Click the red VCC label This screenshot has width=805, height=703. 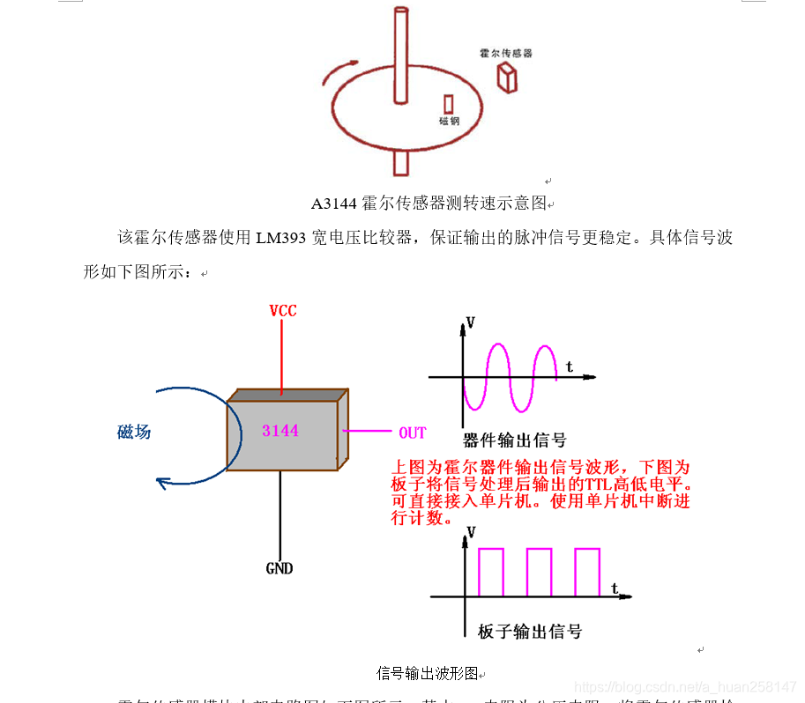tap(283, 311)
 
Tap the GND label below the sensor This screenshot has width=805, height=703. tap(280, 568)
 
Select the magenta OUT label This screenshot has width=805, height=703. tap(413, 433)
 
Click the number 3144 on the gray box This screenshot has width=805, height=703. tap(280, 431)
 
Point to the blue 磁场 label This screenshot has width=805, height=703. tap(134, 432)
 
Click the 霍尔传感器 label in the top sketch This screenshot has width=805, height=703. tap(505, 53)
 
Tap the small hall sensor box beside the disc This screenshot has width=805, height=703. tap(507, 78)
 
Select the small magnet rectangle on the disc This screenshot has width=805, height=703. tap(449, 103)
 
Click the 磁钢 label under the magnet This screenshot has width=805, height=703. tap(449, 121)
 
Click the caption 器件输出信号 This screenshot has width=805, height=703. tap(514, 440)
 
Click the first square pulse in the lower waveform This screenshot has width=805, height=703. tap(491, 571)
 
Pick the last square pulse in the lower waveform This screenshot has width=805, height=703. tap(587, 571)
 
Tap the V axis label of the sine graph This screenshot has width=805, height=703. tap(470, 322)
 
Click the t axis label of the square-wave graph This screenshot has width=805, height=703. tap(614, 588)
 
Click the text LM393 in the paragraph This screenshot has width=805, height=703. tap(281, 238)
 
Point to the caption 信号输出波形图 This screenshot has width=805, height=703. tap(427, 674)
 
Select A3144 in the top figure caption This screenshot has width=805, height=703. tap(333, 204)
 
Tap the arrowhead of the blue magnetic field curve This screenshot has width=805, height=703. tap(161, 482)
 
